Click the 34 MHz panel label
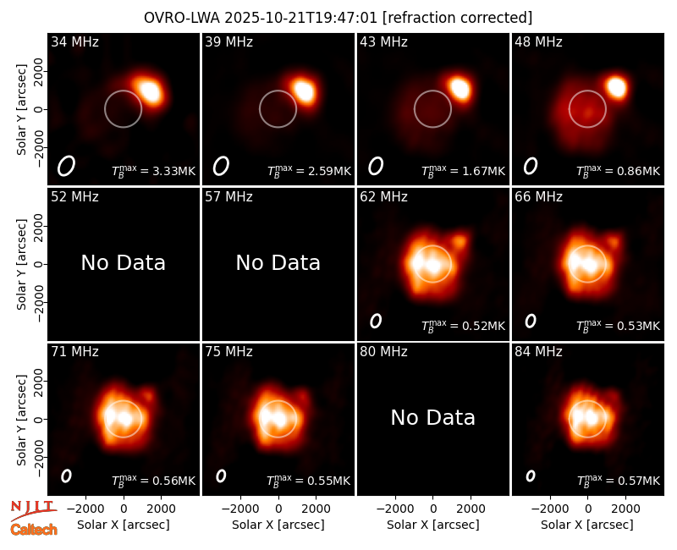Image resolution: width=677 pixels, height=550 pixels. point(74,41)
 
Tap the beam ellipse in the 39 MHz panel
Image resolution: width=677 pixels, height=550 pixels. point(221,166)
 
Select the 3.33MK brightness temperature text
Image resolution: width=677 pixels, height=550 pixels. point(154,171)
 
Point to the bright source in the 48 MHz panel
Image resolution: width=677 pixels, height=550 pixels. point(617,87)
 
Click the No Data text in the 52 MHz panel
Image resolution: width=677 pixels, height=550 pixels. point(124,262)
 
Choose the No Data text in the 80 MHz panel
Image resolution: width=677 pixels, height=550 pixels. point(433,417)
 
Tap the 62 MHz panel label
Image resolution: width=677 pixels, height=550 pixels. point(384,197)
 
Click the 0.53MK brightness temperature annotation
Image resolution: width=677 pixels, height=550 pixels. point(619,326)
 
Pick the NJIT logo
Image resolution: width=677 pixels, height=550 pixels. point(33,509)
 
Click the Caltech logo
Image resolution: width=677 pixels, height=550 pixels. point(34,530)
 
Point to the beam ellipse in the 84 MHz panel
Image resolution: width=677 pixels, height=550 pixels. point(531,476)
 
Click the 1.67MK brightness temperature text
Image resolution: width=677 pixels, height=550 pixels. point(463,171)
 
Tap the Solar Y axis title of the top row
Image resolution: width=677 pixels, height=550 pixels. point(21,110)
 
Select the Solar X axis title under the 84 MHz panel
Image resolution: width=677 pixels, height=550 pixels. point(587,525)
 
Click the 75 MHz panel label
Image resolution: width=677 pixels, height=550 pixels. point(228,352)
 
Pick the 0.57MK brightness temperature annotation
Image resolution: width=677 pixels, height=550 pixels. point(619,481)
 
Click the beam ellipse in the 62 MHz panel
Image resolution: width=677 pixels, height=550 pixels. point(376,321)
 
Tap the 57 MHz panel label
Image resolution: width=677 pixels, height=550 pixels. point(228,197)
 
